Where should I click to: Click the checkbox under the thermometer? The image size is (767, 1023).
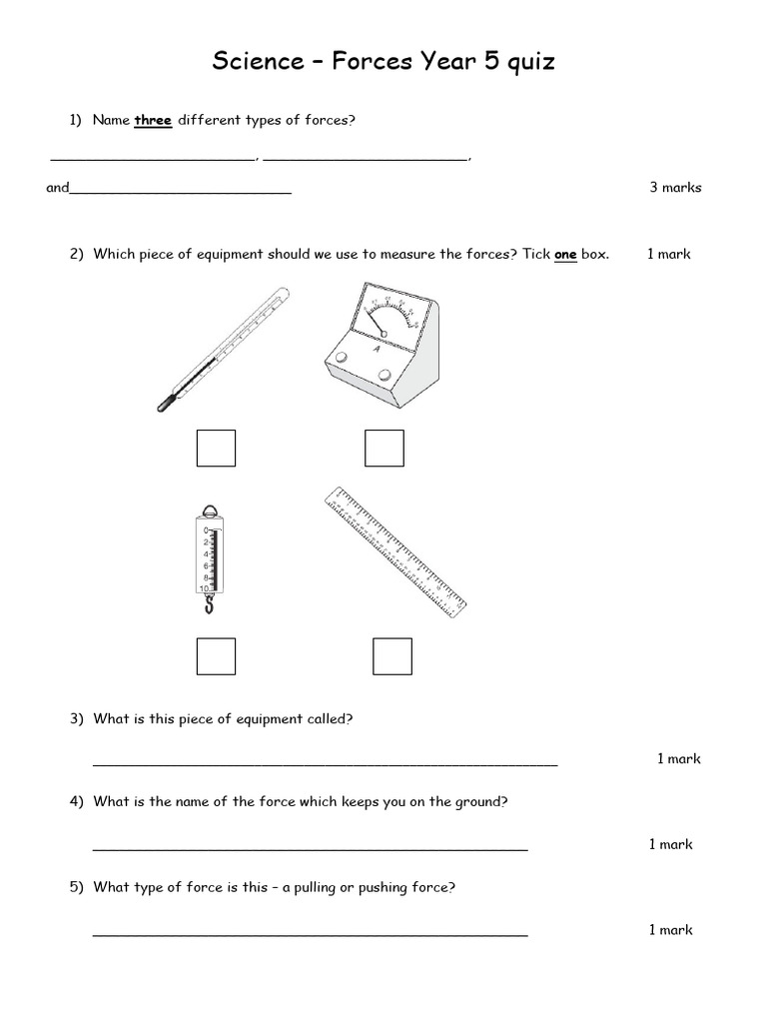tap(216, 448)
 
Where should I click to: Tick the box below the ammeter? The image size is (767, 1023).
tap(383, 448)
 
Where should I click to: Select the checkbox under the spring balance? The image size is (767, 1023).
tap(216, 656)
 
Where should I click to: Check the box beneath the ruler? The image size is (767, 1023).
tap(391, 656)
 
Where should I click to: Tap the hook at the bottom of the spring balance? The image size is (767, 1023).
tap(208, 603)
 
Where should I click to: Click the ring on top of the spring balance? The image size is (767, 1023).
tap(208, 510)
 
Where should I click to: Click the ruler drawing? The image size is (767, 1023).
tap(395, 550)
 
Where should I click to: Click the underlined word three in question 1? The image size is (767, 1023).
tap(153, 121)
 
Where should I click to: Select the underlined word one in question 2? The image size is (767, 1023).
tap(565, 255)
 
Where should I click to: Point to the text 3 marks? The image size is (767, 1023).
tap(675, 187)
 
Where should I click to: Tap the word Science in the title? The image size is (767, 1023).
tap(254, 62)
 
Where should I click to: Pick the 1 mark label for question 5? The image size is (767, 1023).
tap(670, 930)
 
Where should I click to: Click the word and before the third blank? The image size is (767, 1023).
tap(57, 187)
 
